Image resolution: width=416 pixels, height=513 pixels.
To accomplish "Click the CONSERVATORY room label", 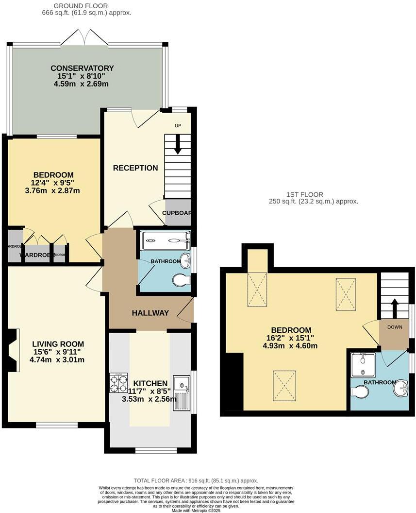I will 82,68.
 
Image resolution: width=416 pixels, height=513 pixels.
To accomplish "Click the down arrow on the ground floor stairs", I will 178,145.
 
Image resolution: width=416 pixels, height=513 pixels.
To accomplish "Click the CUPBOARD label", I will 178,213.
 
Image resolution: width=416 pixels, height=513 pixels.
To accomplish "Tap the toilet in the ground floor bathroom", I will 182,280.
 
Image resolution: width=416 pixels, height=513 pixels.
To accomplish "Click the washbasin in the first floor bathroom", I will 401,388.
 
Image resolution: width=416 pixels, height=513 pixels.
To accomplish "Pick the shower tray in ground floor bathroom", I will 164,240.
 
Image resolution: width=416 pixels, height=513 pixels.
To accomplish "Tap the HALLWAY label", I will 150,313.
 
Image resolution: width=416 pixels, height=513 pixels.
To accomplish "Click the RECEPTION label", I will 135,168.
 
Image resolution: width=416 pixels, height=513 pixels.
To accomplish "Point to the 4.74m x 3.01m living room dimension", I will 57,360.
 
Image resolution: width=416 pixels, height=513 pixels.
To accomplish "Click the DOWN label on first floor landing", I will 394,327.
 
